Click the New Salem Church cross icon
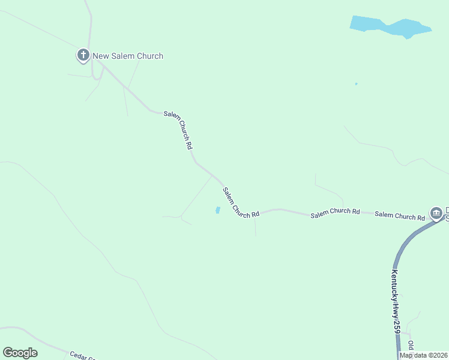point(83,56)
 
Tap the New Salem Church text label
point(128,56)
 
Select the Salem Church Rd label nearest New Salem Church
point(178,130)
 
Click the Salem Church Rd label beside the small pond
point(240,203)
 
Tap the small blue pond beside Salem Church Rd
point(217,210)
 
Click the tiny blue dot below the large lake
point(356,83)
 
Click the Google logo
point(20,353)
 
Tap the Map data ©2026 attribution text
point(423,355)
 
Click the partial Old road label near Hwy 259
point(411,346)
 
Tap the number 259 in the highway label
point(397,326)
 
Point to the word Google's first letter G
point(7,353)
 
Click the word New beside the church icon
point(100,56)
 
